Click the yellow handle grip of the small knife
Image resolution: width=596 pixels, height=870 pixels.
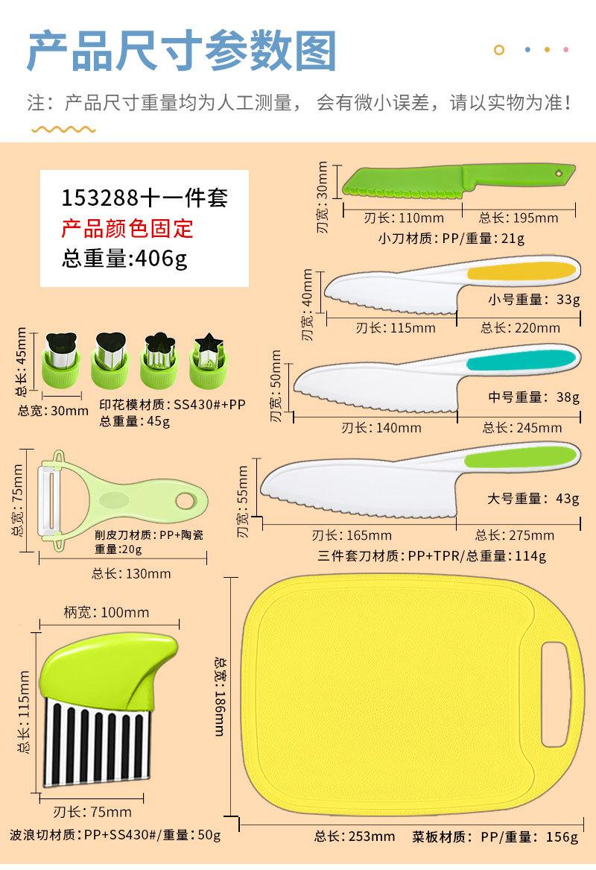521,270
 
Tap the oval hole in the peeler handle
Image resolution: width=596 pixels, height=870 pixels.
186,500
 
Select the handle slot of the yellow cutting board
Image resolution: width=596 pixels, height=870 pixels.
555,694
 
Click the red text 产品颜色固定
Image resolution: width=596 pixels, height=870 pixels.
127,228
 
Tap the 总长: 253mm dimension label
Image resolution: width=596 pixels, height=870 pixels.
355,836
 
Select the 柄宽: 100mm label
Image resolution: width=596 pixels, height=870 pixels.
107,613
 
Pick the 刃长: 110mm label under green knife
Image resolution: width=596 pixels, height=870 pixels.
404,218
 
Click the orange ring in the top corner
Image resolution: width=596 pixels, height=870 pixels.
499,50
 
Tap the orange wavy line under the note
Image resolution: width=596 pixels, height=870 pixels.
63,130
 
